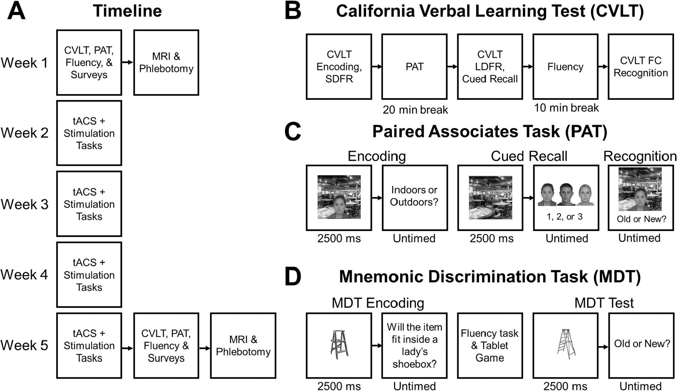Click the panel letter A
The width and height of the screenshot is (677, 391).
click(16, 11)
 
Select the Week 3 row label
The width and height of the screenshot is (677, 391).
click(25, 204)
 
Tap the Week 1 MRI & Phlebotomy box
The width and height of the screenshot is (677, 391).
click(166, 63)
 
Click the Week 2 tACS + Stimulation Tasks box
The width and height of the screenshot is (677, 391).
click(89, 133)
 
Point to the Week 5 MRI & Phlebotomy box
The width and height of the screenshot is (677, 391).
click(243, 346)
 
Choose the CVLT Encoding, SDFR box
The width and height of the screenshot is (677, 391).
click(339, 67)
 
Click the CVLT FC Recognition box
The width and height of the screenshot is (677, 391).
click(640, 67)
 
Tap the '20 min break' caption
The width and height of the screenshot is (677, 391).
click(415, 110)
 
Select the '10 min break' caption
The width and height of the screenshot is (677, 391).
click(566, 108)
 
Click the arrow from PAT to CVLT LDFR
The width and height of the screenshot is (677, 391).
click(452, 67)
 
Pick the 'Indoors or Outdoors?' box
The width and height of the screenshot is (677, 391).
click(415, 196)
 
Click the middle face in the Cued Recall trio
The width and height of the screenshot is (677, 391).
click(566, 195)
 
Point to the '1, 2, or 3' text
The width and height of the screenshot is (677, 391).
click(565, 217)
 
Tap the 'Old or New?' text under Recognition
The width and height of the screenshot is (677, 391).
click(641, 219)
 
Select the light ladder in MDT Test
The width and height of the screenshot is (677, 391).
click(565, 343)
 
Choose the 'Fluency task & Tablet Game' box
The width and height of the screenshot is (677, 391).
click(489, 346)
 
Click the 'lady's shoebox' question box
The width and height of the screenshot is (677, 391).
click(415, 346)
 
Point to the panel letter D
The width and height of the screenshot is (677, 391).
click(292, 277)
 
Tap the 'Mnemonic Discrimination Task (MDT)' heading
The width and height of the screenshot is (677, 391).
click(490, 277)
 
